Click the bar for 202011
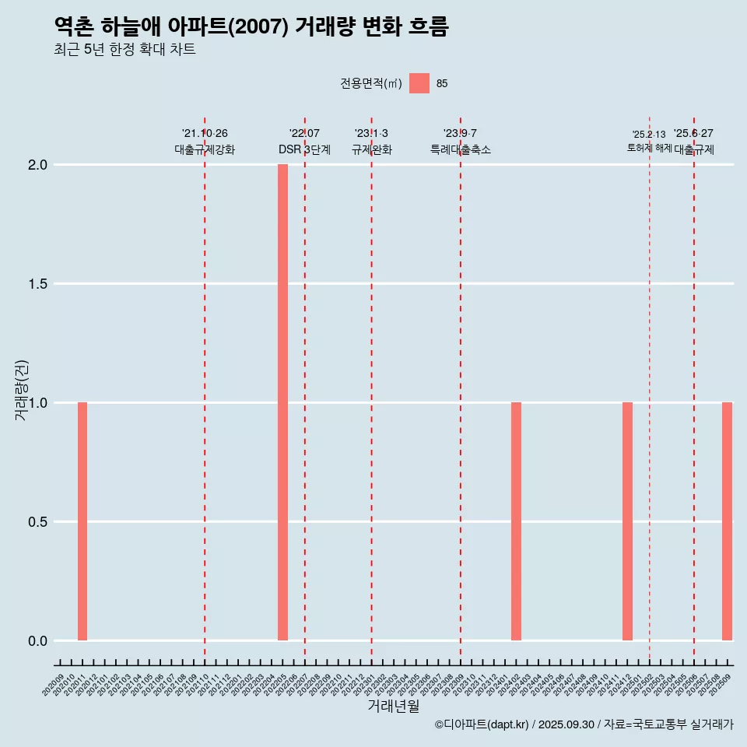[x=82, y=521]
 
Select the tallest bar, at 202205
[x=282, y=402]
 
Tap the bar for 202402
[x=516, y=521]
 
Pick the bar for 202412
[x=627, y=521]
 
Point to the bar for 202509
[x=727, y=521]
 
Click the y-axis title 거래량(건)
[x=22, y=390]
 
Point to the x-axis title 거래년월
[x=393, y=707]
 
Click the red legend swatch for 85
[x=419, y=83]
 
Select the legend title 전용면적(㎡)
[x=371, y=83]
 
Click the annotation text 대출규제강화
[x=205, y=149]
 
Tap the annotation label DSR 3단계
[x=305, y=149]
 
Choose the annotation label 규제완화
[x=371, y=149]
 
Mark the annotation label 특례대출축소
[x=461, y=149]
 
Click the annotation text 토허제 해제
[x=649, y=148]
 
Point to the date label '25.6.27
[x=693, y=134]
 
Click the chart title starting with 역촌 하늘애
[x=251, y=26]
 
